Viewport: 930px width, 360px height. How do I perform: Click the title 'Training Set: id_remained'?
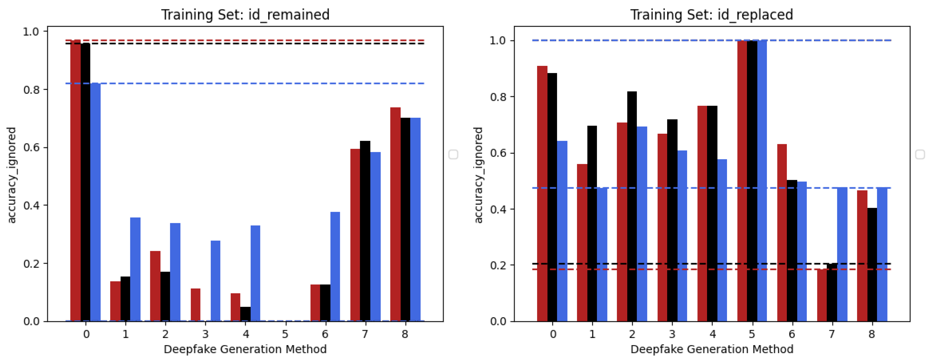tap(245, 15)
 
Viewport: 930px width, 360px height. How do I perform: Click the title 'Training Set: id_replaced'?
tap(711, 15)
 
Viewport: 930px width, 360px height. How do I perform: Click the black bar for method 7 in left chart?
tap(365, 231)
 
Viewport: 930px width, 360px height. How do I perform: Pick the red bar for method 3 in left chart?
tap(195, 305)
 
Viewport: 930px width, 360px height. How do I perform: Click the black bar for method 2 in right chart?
tap(632, 206)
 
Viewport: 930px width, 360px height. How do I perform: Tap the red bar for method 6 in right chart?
tap(782, 233)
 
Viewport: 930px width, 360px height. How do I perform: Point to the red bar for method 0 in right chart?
tap(542, 194)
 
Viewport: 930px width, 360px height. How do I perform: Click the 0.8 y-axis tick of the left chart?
tap(31, 90)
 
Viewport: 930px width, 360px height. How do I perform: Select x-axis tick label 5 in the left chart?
tap(285, 334)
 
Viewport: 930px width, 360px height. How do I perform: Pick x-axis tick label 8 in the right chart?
tap(872, 334)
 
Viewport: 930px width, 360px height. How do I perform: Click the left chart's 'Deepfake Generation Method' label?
tap(245, 349)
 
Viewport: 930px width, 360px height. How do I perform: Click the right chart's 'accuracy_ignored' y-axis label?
tap(478, 175)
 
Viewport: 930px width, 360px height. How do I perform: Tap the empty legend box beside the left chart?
tap(453, 154)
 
